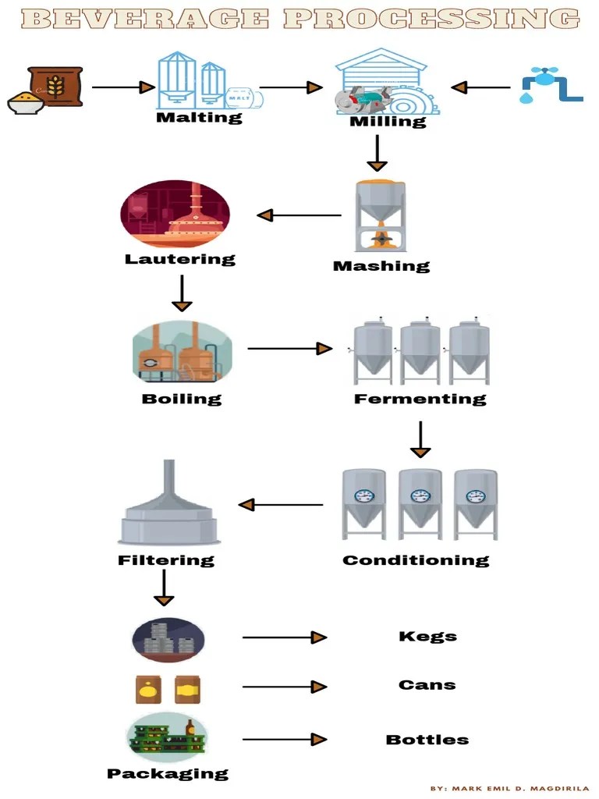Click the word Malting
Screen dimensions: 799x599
[x=199, y=118]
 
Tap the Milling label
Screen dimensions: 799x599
[x=388, y=122]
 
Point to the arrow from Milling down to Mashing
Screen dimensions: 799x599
[x=377, y=153]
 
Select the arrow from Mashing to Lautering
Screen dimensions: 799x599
[x=299, y=215]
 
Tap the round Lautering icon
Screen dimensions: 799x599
[x=175, y=213]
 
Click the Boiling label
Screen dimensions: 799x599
[x=182, y=399]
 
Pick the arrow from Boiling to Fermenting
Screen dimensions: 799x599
[x=289, y=348]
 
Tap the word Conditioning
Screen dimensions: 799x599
[x=415, y=560]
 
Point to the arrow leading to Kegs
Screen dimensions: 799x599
[x=284, y=637]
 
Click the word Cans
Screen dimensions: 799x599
[x=427, y=685]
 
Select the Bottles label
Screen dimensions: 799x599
[x=427, y=739]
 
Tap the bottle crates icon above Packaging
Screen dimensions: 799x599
[x=167, y=737]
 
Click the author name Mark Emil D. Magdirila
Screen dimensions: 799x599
[x=520, y=788]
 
